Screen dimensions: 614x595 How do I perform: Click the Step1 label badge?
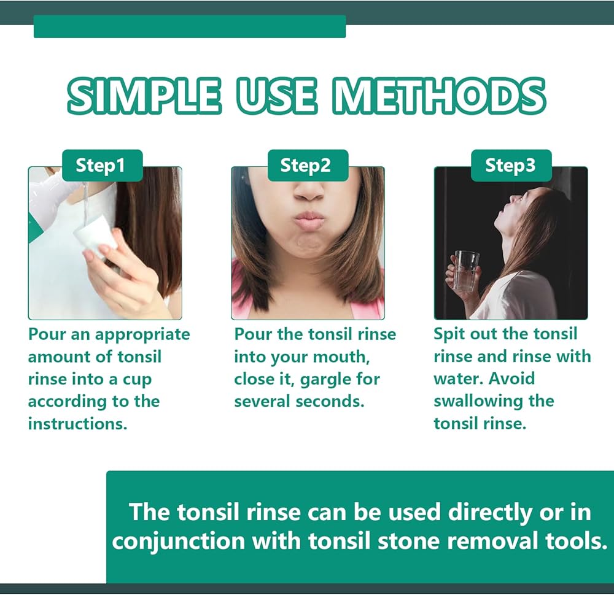tap(103, 166)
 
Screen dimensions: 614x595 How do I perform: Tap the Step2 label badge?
tap(308, 166)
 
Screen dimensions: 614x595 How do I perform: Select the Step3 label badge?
tap(511, 166)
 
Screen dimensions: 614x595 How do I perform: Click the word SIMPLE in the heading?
tap(145, 96)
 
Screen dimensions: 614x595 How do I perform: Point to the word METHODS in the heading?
tap(439, 96)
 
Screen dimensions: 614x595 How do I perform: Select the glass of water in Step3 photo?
tap(467, 271)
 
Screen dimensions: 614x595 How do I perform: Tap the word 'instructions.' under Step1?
tap(77, 424)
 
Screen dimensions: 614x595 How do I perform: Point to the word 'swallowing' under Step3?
tap(478, 402)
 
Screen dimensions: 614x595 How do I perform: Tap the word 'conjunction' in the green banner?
tap(178, 542)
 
